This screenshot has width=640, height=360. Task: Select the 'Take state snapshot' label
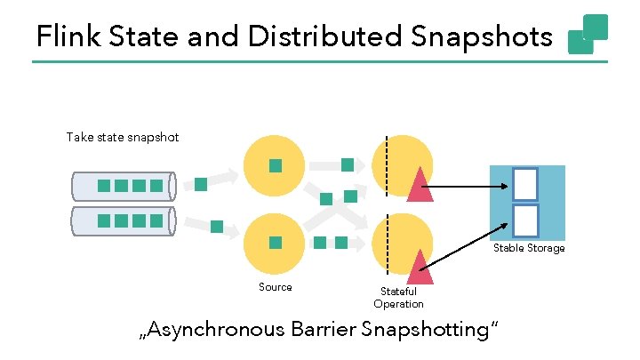pyautogui.click(x=123, y=137)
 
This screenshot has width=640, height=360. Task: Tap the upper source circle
pyautogui.click(x=276, y=165)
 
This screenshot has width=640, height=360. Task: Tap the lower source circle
pyautogui.click(x=276, y=242)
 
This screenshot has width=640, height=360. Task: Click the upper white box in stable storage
pyautogui.click(x=525, y=183)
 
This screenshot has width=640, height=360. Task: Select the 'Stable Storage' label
pyautogui.click(x=529, y=248)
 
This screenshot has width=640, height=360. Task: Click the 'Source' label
pyautogui.click(x=275, y=286)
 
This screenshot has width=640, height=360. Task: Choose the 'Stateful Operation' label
pyautogui.click(x=397, y=298)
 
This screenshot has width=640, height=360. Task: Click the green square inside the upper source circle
pyautogui.click(x=276, y=165)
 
